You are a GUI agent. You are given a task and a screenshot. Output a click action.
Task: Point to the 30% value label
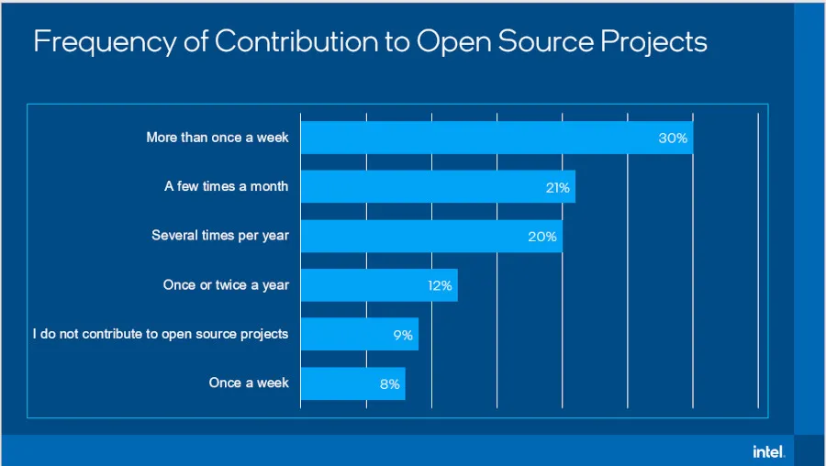pyautogui.click(x=673, y=138)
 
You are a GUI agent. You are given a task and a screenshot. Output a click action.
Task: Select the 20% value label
pyautogui.click(x=542, y=237)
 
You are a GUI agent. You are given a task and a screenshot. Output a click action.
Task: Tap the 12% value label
pyautogui.click(x=440, y=285)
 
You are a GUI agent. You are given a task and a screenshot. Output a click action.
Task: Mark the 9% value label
pyautogui.click(x=403, y=335)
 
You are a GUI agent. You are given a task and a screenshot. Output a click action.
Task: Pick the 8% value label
pyautogui.click(x=390, y=384)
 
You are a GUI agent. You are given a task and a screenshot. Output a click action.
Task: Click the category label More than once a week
pyautogui.click(x=218, y=138)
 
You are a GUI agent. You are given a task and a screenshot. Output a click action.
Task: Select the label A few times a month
pyautogui.click(x=227, y=186)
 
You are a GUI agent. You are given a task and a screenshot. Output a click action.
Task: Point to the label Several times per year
pyautogui.click(x=220, y=236)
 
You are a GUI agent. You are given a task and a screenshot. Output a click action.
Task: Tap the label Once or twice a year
pyautogui.click(x=226, y=285)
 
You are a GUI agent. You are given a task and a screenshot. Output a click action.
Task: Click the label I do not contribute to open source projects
pyautogui.click(x=161, y=334)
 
